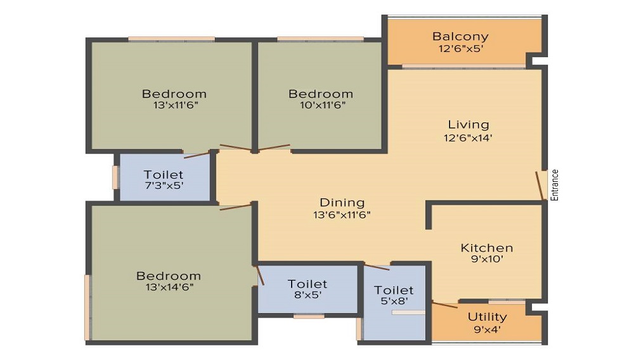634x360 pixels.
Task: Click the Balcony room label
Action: pos(460,36)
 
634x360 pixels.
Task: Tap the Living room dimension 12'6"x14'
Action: pos(468,138)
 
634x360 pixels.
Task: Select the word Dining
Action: pos(342,203)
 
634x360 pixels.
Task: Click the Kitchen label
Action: pos(487,248)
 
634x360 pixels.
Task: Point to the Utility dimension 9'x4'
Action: pos(487,330)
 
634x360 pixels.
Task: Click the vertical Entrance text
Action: pos(554,185)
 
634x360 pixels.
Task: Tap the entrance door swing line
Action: pos(540,186)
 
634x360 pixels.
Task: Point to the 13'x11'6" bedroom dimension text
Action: pos(176,105)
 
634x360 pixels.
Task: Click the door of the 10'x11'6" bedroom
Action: pos(275,148)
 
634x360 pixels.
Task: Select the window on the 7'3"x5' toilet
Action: pos(115,177)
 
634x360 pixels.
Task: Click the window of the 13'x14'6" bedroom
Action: pos(87,307)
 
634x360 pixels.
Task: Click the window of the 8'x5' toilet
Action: pos(309,316)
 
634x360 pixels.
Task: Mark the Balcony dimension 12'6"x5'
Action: pos(461,49)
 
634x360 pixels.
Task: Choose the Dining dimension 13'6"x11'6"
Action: pos(342,215)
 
